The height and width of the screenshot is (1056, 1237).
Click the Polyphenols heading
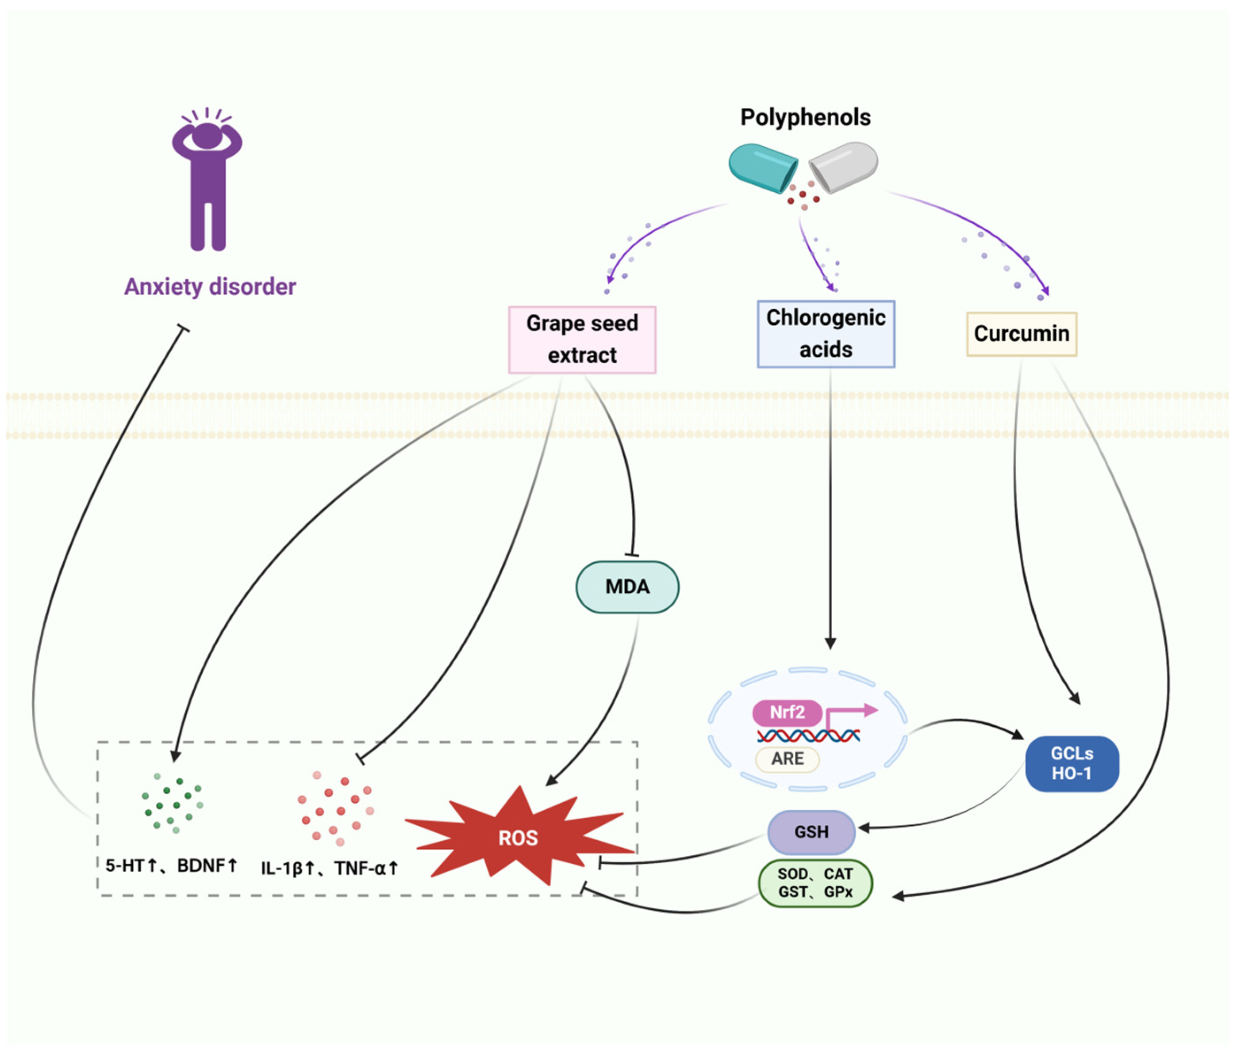[805, 118]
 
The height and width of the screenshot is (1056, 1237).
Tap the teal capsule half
[762, 168]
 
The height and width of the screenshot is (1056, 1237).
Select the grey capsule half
[844, 167]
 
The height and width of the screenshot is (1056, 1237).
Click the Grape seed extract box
[582, 339]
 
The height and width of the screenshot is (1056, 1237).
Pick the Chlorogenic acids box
[826, 333]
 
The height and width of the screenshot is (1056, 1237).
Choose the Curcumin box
[1021, 333]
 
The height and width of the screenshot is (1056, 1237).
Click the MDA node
[627, 587]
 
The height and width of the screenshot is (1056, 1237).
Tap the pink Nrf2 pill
[787, 713]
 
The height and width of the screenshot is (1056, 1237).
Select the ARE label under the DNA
[787, 759]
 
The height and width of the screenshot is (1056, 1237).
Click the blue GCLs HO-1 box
[1072, 764]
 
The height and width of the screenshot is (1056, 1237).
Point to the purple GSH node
[811, 832]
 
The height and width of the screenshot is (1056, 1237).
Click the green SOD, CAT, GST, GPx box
[815, 883]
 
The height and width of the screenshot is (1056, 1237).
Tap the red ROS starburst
[518, 838]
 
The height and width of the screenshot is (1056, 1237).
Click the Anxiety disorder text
[210, 287]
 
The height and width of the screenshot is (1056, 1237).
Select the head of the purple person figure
[207, 135]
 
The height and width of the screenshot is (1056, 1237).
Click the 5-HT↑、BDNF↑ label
[171, 865]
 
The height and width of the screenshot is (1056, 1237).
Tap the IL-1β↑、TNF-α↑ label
[329, 868]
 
